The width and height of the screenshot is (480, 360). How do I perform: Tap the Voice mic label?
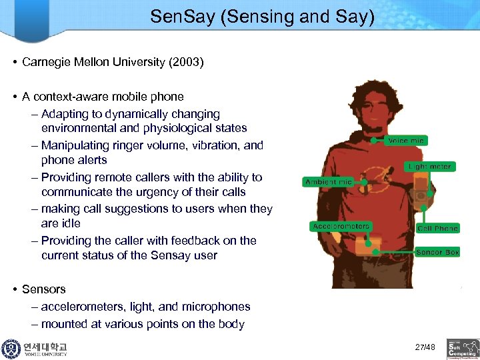tap(406, 141)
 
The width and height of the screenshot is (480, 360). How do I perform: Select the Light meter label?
tap(429, 166)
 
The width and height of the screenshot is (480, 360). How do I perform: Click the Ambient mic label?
tap(329, 181)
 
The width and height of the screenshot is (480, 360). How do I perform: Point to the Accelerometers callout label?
tap(341, 227)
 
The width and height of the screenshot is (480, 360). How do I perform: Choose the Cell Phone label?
tap(437, 228)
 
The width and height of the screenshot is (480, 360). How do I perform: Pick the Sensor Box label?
tap(437, 253)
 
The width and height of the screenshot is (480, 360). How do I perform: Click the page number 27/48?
tap(425, 347)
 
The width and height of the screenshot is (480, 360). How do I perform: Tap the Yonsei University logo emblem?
tap(11, 349)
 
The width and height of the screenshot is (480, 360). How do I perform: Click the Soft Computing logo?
tap(463, 347)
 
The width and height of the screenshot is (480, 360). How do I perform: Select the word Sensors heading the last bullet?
tap(44, 289)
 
